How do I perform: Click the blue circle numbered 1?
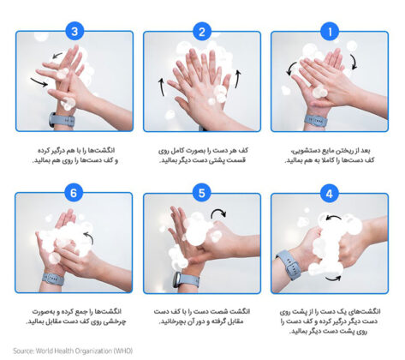click(x=330, y=32)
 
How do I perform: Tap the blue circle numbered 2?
click(x=202, y=32)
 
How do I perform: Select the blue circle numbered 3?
click(x=74, y=31)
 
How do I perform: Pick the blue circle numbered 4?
click(x=330, y=194)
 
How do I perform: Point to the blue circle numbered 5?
click(x=202, y=193)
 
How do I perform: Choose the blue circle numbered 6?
click(x=74, y=193)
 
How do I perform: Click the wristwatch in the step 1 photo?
click(x=315, y=121)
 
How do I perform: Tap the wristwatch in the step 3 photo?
click(x=62, y=120)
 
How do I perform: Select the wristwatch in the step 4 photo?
click(x=289, y=265)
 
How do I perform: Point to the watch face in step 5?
click(x=176, y=279)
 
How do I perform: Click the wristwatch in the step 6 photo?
click(x=53, y=279)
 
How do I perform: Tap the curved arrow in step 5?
click(x=218, y=213)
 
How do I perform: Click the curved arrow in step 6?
click(x=89, y=238)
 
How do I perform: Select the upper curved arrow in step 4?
click(x=333, y=218)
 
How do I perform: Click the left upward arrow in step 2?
click(x=162, y=87)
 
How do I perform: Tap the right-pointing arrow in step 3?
click(x=39, y=82)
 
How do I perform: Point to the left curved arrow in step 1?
click(x=290, y=69)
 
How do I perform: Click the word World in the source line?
click(x=45, y=351)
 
